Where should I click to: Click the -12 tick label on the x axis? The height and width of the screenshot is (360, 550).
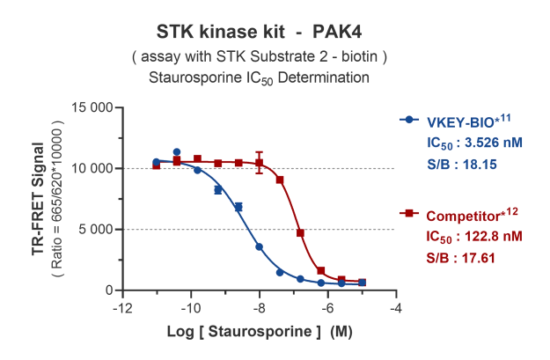(x=122, y=308)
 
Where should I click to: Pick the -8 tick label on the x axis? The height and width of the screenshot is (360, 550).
(x=260, y=308)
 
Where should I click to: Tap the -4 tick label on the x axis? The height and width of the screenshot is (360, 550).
(x=397, y=308)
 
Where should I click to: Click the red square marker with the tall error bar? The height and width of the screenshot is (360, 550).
(x=260, y=163)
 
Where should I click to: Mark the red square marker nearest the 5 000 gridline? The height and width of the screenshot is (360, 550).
(x=300, y=233)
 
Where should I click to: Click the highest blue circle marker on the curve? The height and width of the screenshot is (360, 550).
(x=177, y=152)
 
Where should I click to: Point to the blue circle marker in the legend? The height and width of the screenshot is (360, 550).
(x=408, y=121)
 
